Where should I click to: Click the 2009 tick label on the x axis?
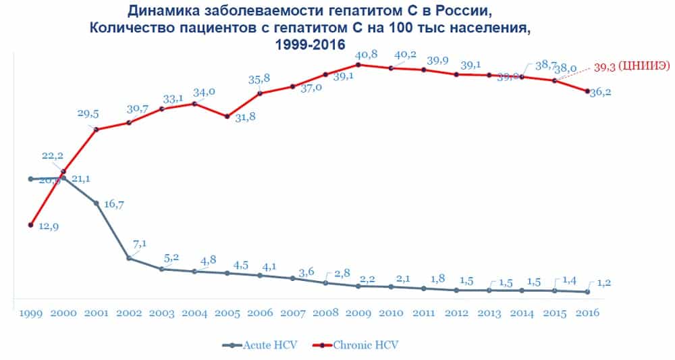[357, 313]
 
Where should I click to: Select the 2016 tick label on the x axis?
[587, 313]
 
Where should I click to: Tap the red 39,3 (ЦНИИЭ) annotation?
[631, 67]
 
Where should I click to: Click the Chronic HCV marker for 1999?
[30, 225]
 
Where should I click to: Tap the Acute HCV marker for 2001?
[96, 203]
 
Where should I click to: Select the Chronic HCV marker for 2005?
[227, 116]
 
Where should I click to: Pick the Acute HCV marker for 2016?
[587, 292]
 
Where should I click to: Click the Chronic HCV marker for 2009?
[358, 65]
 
